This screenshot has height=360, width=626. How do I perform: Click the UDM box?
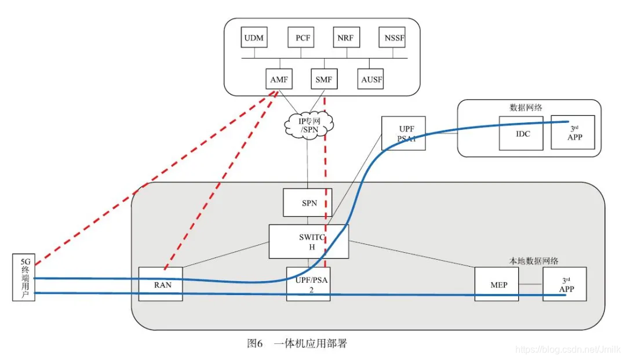(x=254, y=38)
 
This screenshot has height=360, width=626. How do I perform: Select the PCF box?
(x=301, y=38)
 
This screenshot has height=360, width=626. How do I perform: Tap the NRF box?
(x=347, y=38)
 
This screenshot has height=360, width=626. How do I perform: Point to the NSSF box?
(x=392, y=38)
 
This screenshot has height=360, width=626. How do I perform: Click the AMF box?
(x=279, y=79)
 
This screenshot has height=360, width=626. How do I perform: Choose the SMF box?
(x=323, y=79)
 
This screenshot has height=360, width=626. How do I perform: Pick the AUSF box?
(x=371, y=79)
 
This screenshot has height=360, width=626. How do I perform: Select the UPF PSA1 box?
(x=403, y=133)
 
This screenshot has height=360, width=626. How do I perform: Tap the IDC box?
(x=521, y=133)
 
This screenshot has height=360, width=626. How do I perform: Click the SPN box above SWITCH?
(x=307, y=203)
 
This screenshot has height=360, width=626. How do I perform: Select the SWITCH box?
(x=309, y=242)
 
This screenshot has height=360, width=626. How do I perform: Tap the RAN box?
(x=161, y=284)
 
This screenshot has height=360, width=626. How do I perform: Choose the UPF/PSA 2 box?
(x=308, y=284)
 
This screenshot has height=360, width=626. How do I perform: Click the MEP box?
(x=496, y=284)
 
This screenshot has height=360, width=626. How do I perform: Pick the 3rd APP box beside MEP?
(x=565, y=284)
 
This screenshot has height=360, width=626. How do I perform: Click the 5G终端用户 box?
(x=23, y=277)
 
